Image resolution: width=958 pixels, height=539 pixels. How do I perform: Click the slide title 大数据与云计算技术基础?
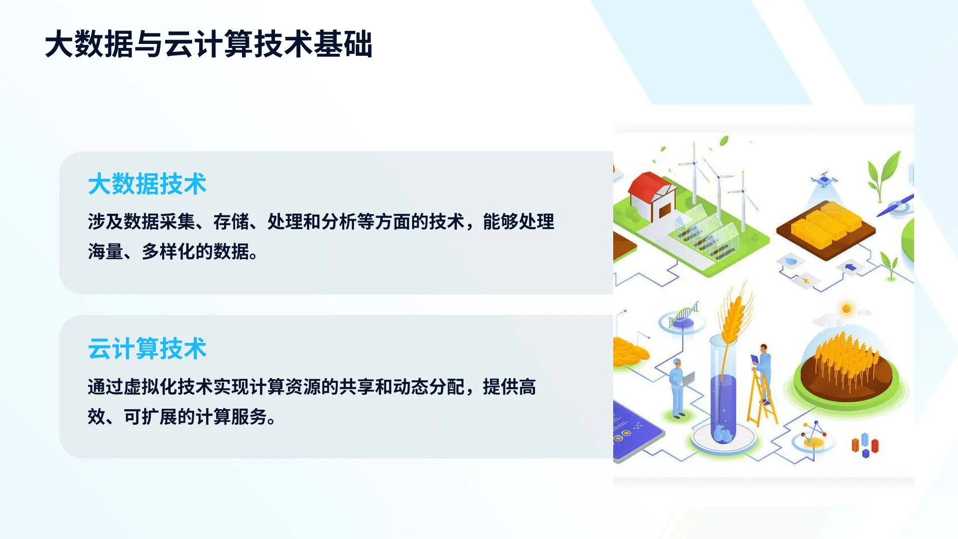[209, 44]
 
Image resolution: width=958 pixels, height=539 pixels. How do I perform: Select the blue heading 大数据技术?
[147, 184]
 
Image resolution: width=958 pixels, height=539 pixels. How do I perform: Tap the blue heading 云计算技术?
[147, 348]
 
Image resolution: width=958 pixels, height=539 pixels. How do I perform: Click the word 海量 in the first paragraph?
[105, 252]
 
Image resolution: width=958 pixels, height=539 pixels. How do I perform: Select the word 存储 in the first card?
[231, 222]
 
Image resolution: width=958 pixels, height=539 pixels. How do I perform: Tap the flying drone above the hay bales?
[824, 179]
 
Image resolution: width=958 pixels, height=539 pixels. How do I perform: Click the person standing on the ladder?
[763, 364]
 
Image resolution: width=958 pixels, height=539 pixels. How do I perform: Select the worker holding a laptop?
[678, 387]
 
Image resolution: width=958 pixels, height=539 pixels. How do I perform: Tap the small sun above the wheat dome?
[846, 308]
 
